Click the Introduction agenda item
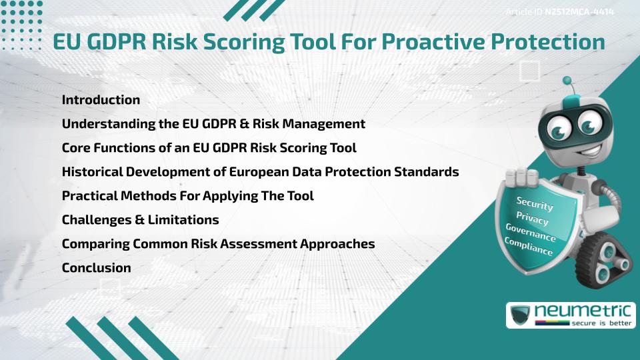[x=101, y=100]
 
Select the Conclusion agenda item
[x=96, y=268]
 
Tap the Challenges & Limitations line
[x=140, y=220]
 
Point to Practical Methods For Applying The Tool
[x=187, y=196]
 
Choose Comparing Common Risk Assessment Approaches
[x=218, y=244]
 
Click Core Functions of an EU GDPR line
[x=209, y=148]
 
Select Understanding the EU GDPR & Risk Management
[x=213, y=124]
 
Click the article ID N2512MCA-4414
[x=579, y=11]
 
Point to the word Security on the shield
[x=535, y=203]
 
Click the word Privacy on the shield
[x=533, y=218]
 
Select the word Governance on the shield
[x=531, y=233]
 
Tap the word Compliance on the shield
[x=529, y=247]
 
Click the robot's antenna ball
[x=568, y=81]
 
